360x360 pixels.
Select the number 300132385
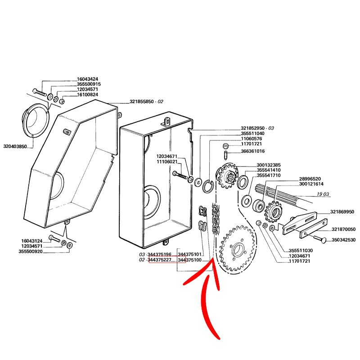click(269, 165)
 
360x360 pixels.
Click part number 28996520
click(310, 179)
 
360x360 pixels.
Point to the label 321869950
click(342, 211)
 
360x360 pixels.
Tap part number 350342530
click(343, 240)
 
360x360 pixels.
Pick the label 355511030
click(301, 251)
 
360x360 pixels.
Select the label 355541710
click(269, 175)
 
